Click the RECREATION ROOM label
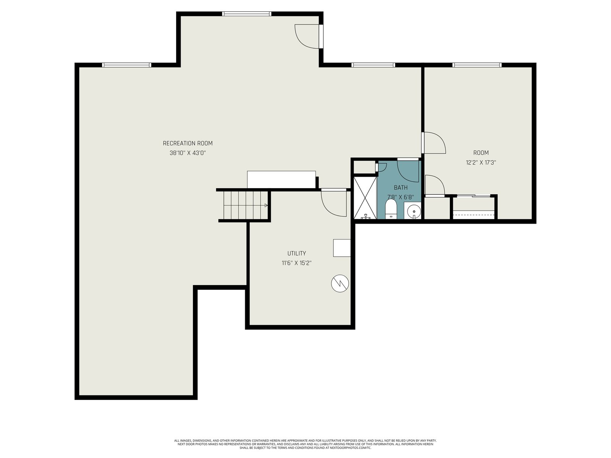pyautogui.click(x=188, y=143)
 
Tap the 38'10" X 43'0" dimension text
pyautogui.click(x=188, y=153)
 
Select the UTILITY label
pyautogui.click(x=296, y=253)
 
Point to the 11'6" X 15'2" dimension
pyautogui.click(x=296, y=263)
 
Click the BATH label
pyautogui.click(x=401, y=188)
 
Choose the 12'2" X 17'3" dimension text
pyautogui.click(x=481, y=163)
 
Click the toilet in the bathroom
pyautogui.click(x=391, y=209)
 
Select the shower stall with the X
pyautogui.click(x=365, y=198)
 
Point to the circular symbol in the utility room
pyautogui.click(x=339, y=283)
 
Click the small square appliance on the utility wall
pyautogui.click(x=341, y=248)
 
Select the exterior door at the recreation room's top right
pyautogui.click(x=309, y=36)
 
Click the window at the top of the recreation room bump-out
pyautogui.click(x=246, y=14)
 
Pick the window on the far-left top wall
pyautogui.click(x=126, y=65)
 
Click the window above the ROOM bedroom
pyautogui.click(x=477, y=65)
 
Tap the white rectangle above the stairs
pyautogui.click(x=281, y=180)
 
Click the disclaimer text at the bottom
pyautogui.click(x=305, y=444)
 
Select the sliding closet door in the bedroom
pyautogui.click(x=474, y=196)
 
